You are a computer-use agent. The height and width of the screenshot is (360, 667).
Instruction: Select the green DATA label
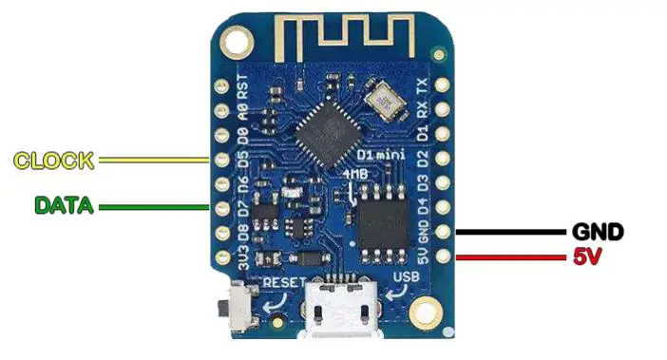click(x=64, y=205)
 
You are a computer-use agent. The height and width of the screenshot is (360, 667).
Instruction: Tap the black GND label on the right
click(x=597, y=232)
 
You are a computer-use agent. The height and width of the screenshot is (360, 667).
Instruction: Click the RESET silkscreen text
click(x=283, y=282)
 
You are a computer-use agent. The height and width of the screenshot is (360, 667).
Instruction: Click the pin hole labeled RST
click(x=221, y=85)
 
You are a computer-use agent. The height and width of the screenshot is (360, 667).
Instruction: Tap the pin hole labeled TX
click(x=442, y=86)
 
